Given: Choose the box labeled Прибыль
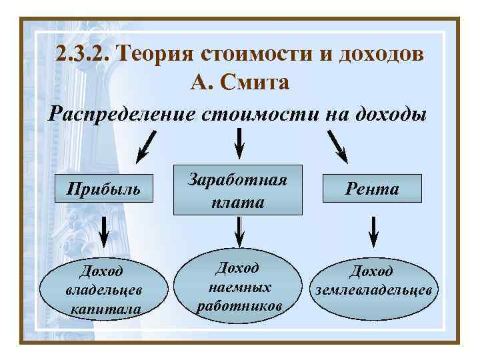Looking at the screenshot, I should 105,189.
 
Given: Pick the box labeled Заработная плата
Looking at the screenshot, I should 238,190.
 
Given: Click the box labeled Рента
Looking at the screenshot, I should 373,189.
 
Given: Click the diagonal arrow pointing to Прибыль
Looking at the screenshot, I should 147,146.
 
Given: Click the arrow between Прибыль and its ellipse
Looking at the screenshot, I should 103,231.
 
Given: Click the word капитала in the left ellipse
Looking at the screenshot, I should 105,309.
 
